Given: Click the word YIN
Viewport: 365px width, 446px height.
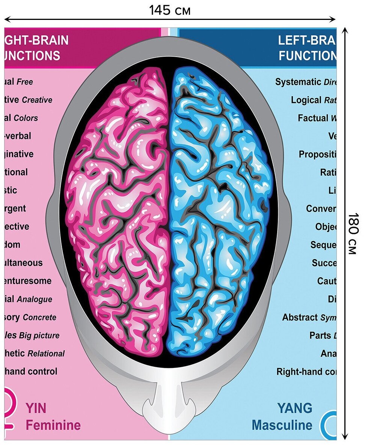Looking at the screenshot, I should (x=36, y=408).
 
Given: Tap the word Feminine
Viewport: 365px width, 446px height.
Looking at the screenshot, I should (x=53, y=425).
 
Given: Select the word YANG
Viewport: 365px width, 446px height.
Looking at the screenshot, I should (x=294, y=408).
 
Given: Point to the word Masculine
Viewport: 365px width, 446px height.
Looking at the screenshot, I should (x=282, y=425).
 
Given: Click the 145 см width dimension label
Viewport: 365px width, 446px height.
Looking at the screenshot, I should (x=170, y=10).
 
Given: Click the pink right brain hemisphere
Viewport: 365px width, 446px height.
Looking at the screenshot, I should (x=120, y=214).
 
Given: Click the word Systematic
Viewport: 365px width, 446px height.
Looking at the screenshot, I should (x=298, y=82).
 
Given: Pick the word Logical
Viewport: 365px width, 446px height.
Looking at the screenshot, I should (x=306, y=100).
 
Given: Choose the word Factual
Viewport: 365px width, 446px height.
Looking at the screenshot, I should (x=313, y=118).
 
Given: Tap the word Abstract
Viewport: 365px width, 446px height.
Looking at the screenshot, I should (x=300, y=317).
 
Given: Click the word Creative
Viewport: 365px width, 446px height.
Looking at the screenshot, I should (x=37, y=100).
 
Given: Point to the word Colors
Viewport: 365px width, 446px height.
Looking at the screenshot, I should (x=26, y=118).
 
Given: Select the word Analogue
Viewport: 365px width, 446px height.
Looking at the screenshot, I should (x=35, y=300).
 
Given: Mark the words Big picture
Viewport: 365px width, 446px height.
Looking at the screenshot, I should (x=39, y=336).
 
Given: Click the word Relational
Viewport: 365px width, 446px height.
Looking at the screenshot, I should (x=46, y=354).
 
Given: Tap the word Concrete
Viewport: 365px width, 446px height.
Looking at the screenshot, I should (x=39, y=318).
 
